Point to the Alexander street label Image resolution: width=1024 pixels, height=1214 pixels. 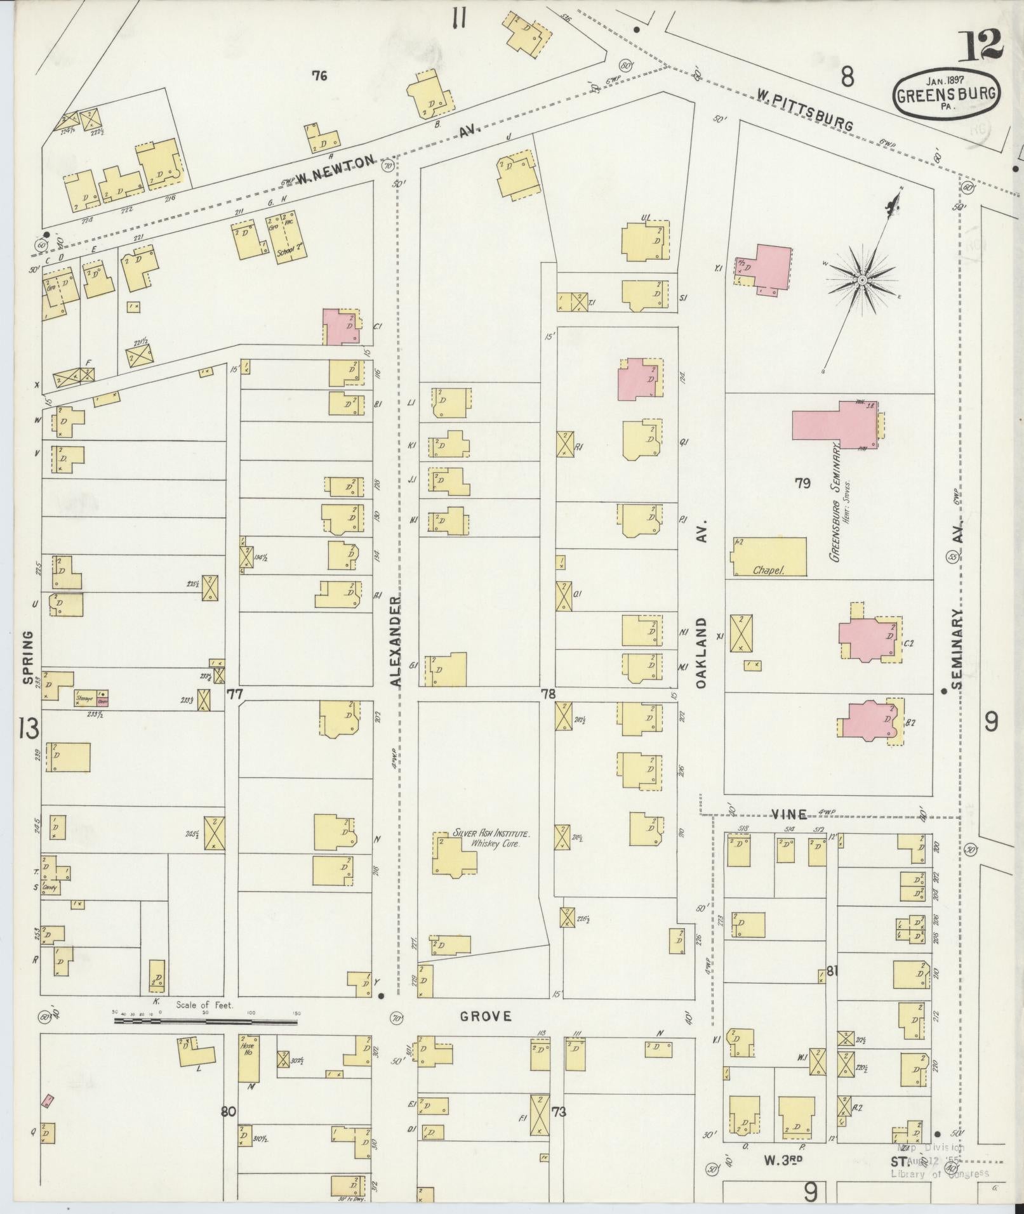coord(397,641)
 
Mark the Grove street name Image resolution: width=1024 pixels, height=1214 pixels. coord(486,1016)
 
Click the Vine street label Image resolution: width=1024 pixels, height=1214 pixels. coord(789,814)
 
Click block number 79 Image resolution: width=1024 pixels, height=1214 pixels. coord(802,484)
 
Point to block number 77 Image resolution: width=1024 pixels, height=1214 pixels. coord(235,695)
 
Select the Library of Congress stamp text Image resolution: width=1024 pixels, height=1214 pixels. coord(940,1173)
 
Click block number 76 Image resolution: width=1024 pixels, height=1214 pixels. coord(319,76)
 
